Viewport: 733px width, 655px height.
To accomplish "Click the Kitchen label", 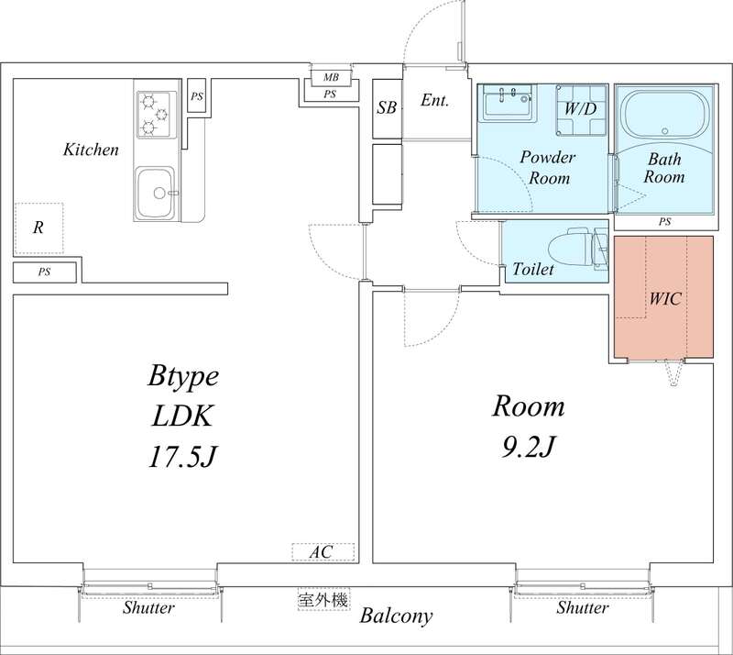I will (x=91, y=150).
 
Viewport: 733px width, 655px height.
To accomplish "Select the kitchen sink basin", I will (x=157, y=193).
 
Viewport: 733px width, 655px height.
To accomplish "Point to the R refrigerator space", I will (x=38, y=228).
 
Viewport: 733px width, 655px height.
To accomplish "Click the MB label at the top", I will (x=330, y=77).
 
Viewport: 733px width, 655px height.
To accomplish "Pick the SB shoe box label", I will (x=387, y=107).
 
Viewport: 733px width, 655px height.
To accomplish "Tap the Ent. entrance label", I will (x=434, y=101).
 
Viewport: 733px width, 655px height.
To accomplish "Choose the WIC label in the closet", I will (x=666, y=299).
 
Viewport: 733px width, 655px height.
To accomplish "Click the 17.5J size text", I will (x=181, y=456).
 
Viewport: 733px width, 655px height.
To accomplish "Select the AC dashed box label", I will (x=320, y=552).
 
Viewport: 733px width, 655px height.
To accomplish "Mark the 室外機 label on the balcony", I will (x=323, y=600).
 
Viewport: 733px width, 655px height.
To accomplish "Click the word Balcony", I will (x=395, y=616).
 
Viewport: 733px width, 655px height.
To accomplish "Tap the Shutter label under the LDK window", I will (x=149, y=607).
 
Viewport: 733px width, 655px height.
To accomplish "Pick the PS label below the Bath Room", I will (x=664, y=222).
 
